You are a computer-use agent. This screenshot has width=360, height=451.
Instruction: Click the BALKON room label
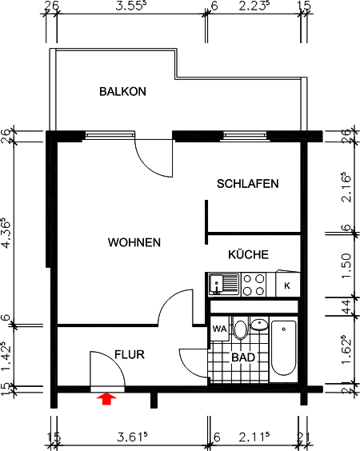pos(122,91)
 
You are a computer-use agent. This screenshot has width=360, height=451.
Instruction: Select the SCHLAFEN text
pos(247,184)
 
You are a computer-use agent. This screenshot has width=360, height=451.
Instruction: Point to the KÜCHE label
pos(247,255)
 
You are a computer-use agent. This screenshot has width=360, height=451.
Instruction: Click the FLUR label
pos(129,353)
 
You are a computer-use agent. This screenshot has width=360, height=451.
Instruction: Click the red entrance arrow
pos(106,397)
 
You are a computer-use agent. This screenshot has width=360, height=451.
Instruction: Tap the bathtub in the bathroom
pos(284,348)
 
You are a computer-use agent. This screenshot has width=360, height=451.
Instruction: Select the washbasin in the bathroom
pos(258,326)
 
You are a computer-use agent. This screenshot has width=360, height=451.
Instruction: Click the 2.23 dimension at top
pos(256,9)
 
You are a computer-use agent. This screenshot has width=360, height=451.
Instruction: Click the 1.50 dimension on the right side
pos(346,264)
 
